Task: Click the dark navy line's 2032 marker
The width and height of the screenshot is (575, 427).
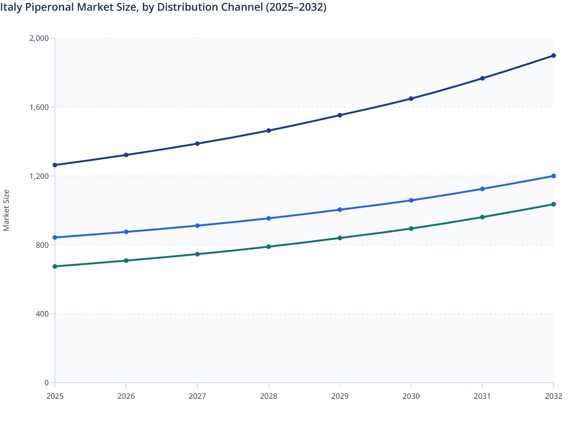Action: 553,56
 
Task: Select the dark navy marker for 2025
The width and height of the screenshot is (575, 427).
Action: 55,165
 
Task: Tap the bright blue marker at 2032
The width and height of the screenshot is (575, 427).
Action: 553,176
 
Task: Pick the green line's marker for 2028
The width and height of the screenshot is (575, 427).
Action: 268,247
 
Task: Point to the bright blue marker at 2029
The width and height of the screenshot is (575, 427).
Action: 340,210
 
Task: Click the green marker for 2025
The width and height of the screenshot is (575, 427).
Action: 55,266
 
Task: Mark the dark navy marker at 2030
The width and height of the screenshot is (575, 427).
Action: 411,99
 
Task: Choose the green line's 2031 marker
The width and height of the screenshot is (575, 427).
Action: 482,217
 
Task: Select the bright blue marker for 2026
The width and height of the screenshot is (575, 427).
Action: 126,232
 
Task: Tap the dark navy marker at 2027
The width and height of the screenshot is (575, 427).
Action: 197,144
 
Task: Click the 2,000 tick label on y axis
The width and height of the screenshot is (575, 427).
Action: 39,38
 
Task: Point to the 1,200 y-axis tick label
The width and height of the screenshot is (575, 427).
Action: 39,176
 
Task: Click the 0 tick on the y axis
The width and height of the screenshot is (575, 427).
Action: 47,383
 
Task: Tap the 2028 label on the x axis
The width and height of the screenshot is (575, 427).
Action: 268,396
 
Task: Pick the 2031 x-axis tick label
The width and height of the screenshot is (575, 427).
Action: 482,396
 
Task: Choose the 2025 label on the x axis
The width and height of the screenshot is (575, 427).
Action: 55,396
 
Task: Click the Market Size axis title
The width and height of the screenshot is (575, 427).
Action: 6,210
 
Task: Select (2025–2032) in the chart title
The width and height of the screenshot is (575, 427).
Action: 296,7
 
